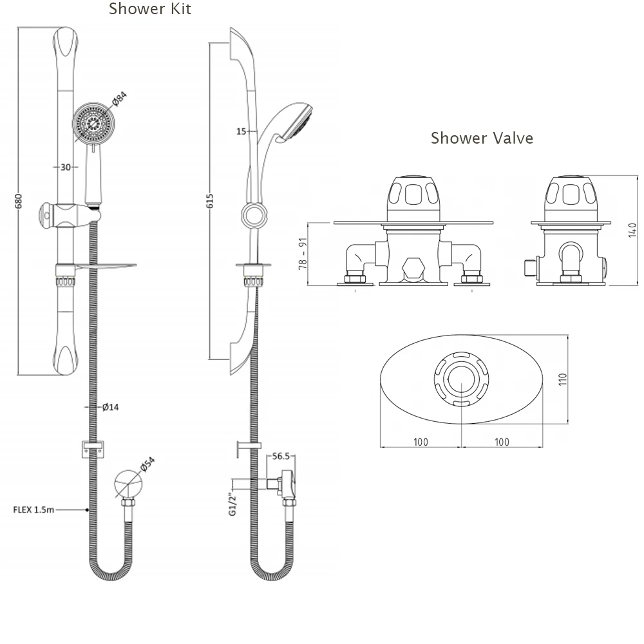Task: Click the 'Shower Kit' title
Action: (x=149, y=9)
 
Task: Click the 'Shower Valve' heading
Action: (x=482, y=138)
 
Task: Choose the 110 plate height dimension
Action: (x=562, y=380)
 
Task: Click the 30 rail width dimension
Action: (x=65, y=167)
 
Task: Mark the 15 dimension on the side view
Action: (x=241, y=131)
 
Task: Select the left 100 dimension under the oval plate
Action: (x=421, y=442)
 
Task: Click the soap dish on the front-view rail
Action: (x=106, y=265)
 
